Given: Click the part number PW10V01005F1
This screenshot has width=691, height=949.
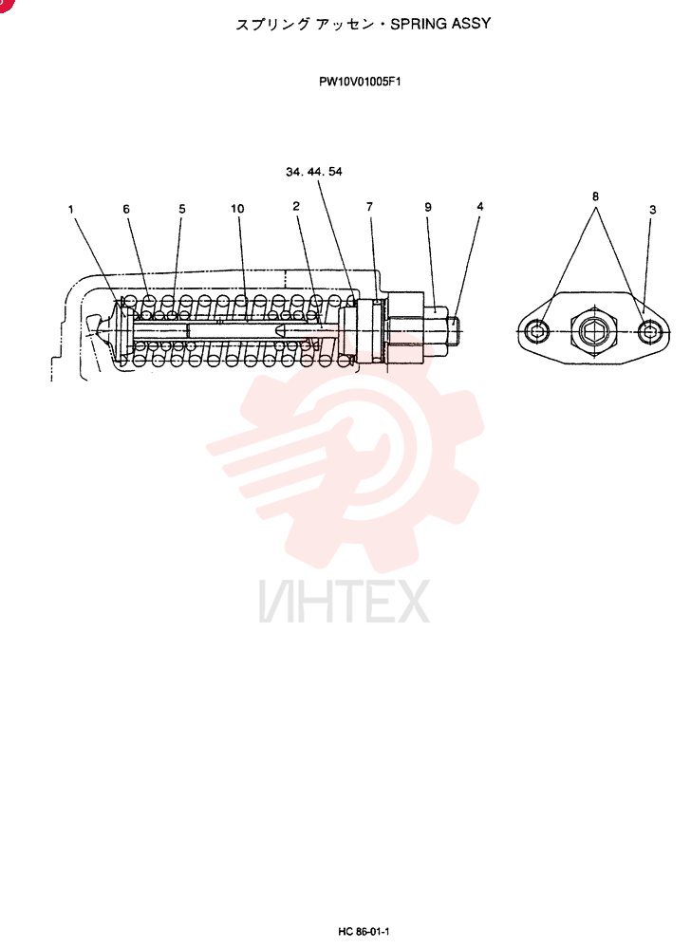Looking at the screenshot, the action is point(360,82).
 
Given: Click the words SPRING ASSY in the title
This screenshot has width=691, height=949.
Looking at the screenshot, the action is point(440,25).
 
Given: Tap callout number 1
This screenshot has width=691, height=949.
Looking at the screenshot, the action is point(71,210).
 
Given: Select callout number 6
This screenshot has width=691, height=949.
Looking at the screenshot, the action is point(126,209).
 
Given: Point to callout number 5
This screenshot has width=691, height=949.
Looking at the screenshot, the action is point(182,209).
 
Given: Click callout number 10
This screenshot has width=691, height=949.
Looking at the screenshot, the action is point(237,209).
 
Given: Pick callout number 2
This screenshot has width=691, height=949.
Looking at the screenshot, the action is point(296,206).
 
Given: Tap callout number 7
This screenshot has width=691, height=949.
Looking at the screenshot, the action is point(369,207).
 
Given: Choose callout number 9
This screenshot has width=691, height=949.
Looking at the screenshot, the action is point(428,207).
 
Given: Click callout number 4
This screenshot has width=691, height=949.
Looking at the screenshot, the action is point(480,206).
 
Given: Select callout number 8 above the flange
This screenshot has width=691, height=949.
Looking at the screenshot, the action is point(595,196).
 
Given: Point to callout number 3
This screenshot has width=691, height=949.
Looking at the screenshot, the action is point(652,210).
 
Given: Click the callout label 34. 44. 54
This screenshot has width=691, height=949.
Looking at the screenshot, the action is point(314,172).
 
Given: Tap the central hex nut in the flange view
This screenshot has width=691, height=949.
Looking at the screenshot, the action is point(593,330).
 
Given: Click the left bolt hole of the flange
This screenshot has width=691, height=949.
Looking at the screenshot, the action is point(537,330).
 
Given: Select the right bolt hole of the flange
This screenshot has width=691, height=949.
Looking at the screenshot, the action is point(648,330).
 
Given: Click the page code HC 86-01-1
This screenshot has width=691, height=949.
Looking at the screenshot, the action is point(363,932).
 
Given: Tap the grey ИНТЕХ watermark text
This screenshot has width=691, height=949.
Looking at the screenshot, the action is point(345,601).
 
